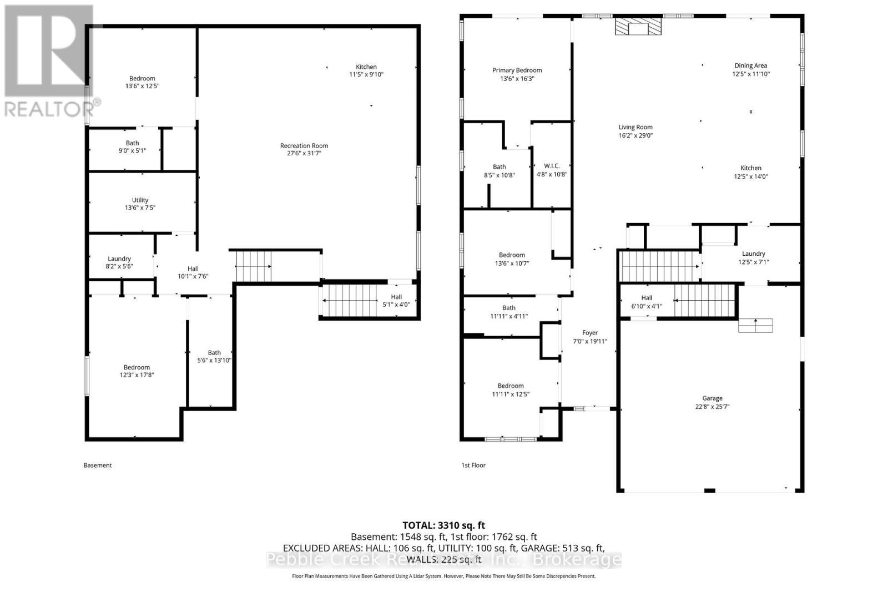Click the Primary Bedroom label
coord(517,70)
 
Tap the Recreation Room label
coord(304,146)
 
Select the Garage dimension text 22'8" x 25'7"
coord(712,407)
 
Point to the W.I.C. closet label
coord(552,166)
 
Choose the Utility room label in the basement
coord(140,200)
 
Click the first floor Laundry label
coord(753,254)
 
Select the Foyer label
coord(589,333)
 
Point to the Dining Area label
coord(750,65)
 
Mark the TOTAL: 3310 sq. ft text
coord(443,525)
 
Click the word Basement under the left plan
coord(98,465)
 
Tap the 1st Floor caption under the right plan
coord(473,465)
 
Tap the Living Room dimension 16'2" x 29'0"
coord(635,135)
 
